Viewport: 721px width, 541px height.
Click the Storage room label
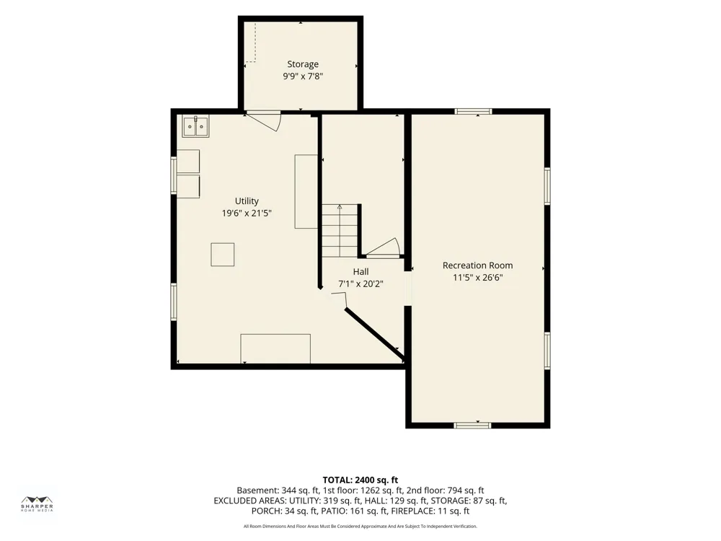(303, 64)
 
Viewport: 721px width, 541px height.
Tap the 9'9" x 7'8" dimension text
(303, 76)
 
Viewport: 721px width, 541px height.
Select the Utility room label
(247, 201)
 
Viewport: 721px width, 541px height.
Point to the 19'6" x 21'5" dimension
(247, 213)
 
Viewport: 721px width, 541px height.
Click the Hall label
(361, 272)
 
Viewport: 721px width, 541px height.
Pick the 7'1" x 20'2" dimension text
(361, 283)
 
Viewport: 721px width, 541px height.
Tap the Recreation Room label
(478, 265)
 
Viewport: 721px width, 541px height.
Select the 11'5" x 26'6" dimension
(478, 278)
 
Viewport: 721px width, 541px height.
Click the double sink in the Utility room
(196, 126)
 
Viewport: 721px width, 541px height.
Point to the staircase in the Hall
(340, 231)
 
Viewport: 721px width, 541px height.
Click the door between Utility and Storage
(263, 120)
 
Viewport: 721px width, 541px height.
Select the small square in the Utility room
(223, 255)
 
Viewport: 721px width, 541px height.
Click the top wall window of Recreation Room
(473, 111)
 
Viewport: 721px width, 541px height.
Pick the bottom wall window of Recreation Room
(473, 425)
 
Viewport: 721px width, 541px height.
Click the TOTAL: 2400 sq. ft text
(360, 480)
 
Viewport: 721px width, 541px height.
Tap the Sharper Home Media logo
(37, 503)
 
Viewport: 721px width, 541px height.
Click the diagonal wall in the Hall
(374, 334)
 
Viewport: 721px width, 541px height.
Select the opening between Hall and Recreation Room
(408, 289)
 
